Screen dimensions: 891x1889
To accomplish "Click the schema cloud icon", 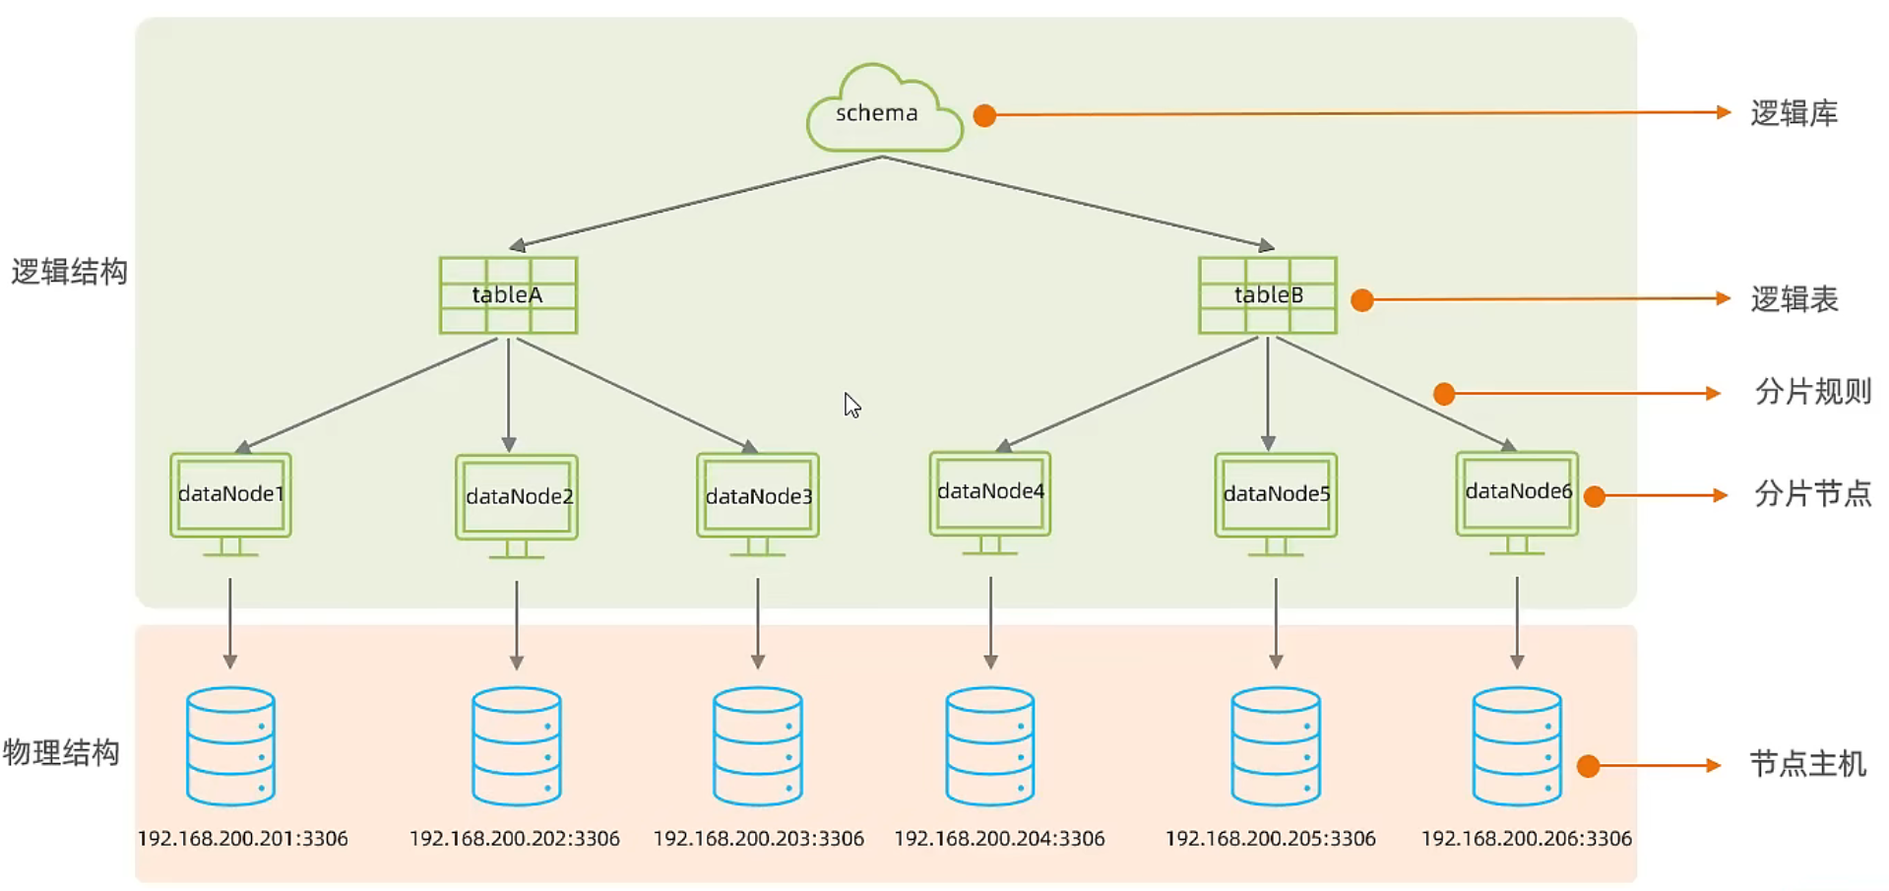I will (x=883, y=110).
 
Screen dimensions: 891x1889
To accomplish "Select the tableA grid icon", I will (x=508, y=295).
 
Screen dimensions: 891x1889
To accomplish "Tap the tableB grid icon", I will (x=1267, y=295).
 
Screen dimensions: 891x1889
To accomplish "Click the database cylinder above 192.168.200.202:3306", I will (x=517, y=746).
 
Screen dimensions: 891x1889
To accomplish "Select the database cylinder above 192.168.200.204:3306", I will (x=990, y=746).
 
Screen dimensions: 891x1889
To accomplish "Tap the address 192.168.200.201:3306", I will (x=242, y=839).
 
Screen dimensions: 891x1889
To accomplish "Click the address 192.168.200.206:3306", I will (x=1526, y=839).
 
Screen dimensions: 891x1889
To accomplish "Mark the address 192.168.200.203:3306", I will (x=758, y=839).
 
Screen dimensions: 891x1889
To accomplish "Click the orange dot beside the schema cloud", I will (x=984, y=115).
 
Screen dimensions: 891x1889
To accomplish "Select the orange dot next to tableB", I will (x=1362, y=300).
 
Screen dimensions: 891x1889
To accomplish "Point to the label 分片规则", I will (x=1812, y=392).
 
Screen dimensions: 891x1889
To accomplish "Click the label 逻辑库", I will (x=1794, y=113).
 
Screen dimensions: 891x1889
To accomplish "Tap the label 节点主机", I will (x=1807, y=764).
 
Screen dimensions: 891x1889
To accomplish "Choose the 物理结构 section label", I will (x=61, y=753).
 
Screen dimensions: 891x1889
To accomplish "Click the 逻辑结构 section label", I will (x=69, y=272).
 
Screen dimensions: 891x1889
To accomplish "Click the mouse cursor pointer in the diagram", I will (x=851, y=404).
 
